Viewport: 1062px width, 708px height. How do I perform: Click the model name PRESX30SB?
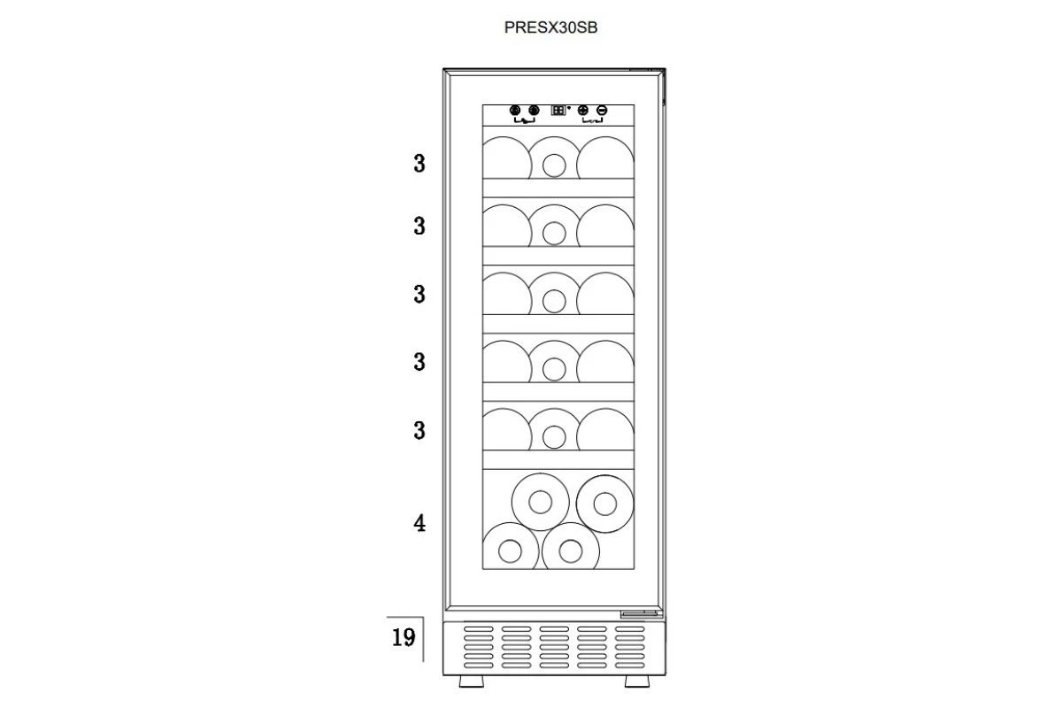(550, 27)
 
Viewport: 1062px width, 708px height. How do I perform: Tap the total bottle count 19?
(404, 637)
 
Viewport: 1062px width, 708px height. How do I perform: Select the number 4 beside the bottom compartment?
(419, 523)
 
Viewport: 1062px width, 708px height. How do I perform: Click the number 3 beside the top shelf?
(419, 164)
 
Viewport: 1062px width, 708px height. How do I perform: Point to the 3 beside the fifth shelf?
(419, 431)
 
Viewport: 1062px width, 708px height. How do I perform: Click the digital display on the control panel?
(558, 110)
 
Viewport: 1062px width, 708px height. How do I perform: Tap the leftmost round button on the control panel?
(515, 111)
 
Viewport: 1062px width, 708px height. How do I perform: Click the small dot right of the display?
(569, 108)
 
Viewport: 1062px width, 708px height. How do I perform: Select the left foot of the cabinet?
(471, 681)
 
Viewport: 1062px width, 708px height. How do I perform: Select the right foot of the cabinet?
(636, 681)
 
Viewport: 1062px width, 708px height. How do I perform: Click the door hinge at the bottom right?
(642, 614)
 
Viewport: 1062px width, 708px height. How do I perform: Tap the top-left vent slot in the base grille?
(479, 629)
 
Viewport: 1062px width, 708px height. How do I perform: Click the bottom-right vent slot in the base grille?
(629, 666)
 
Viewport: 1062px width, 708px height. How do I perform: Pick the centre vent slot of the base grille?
(554, 647)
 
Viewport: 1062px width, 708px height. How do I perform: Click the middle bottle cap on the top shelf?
(554, 166)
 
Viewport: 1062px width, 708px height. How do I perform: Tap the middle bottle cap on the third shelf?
(554, 302)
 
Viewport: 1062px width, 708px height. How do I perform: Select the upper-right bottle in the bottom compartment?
(605, 504)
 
